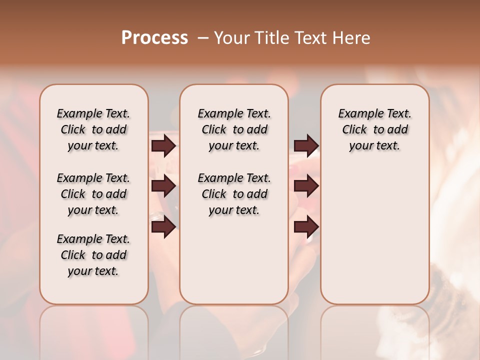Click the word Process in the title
(x=154, y=38)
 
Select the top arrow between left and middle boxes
(x=163, y=145)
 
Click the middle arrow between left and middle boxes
(x=163, y=186)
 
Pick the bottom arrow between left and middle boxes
(x=163, y=227)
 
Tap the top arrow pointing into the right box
(x=306, y=145)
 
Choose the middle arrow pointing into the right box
(x=306, y=186)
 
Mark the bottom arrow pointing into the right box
(x=306, y=227)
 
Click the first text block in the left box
(x=93, y=129)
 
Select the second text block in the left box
(x=93, y=194)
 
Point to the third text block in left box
(x=93, y=255)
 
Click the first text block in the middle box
(x=234, y=129)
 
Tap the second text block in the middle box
(x=234, y=194)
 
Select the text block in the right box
(x=375, y=129)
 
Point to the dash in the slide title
(x=202, y=38)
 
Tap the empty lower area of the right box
(x=375, y=240)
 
